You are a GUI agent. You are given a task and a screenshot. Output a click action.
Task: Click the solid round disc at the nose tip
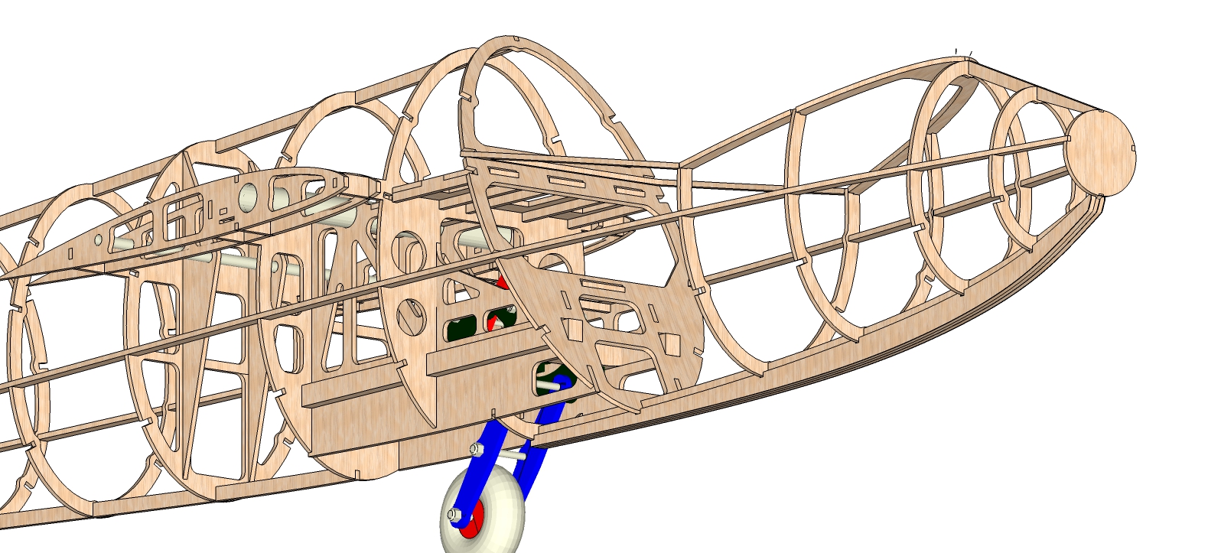pos(1100,152)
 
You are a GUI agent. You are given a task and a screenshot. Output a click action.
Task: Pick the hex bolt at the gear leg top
pos(477,448)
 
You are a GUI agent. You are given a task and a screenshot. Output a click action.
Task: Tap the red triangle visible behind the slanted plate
pos(503,283)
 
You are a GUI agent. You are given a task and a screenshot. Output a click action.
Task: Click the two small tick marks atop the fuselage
pos(963,52)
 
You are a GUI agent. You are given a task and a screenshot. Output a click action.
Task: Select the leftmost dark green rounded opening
pos(461,329)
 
